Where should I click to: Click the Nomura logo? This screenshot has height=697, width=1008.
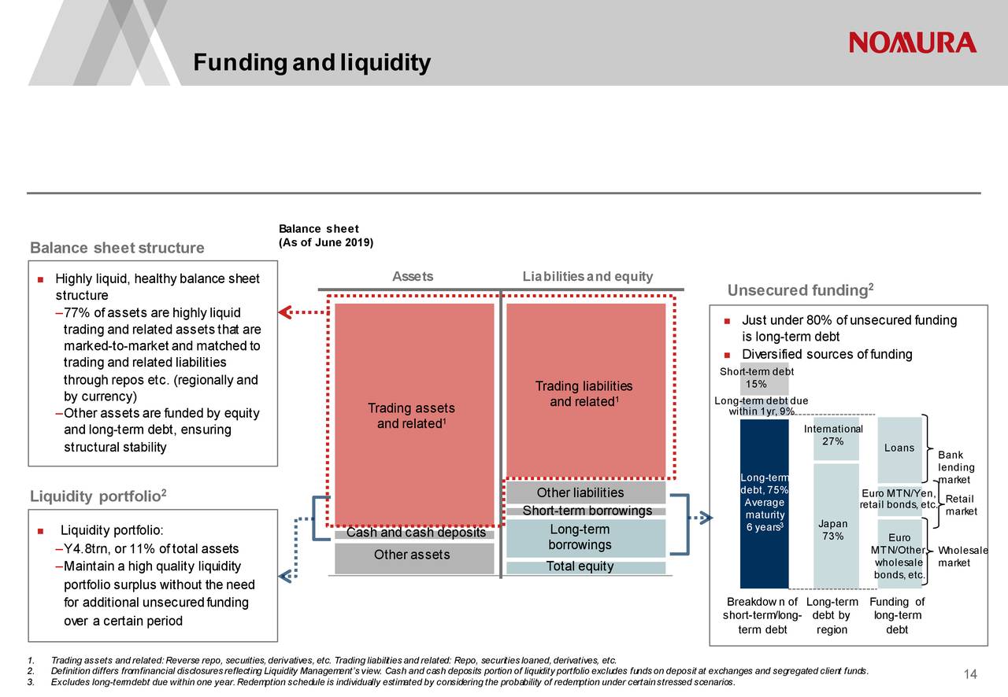tap(913, 42)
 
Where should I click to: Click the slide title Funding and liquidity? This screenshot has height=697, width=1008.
tap(312, 62)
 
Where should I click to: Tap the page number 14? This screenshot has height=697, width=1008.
tap(970, 674)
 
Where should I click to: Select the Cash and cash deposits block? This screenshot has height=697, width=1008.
tap(415, 533)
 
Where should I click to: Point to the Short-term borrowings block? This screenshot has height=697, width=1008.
tap(587, 511)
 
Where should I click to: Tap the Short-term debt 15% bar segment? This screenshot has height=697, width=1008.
tap(764, 379)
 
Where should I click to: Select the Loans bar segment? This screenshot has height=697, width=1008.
tap(899, 448)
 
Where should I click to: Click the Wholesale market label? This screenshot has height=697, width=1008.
tap(963, 557)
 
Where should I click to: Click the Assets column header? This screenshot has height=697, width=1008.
tap(413, 276)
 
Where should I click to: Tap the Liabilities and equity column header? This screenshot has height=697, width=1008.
tap(587, 276)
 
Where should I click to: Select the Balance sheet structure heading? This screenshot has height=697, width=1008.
tap(117, 249)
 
